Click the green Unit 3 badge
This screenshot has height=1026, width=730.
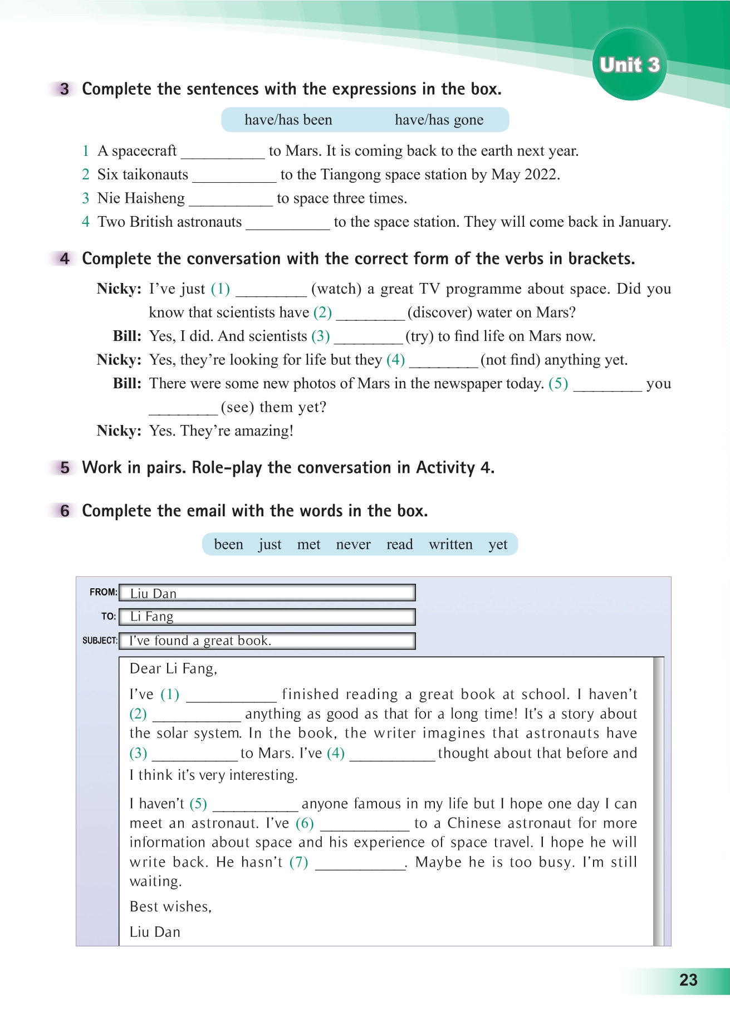(629, 65)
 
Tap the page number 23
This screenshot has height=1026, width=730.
(688, 980)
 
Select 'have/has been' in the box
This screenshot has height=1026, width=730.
(288, 120)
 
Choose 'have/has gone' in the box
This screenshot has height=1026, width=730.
(439, 120)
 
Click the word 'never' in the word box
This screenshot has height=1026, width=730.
(353, 544)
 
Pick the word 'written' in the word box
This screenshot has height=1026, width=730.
(450, 544)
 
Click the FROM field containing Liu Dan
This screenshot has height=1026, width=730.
(267, 593)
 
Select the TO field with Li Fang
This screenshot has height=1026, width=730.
(267, 617)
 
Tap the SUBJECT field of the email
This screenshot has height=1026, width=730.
(267, 641)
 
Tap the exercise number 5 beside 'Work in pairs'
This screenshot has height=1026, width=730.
(65, 467)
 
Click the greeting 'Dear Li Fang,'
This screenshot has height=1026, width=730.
(173, 668)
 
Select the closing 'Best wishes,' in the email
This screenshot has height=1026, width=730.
(170, 906)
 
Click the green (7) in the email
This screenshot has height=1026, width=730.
(299, 862)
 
